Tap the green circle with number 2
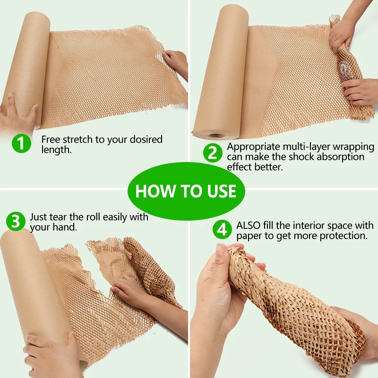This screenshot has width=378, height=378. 213,153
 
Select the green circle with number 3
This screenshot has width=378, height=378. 16,221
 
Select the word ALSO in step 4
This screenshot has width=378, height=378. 248,225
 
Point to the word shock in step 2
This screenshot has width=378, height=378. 300,157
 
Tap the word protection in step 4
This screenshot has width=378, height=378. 342,235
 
